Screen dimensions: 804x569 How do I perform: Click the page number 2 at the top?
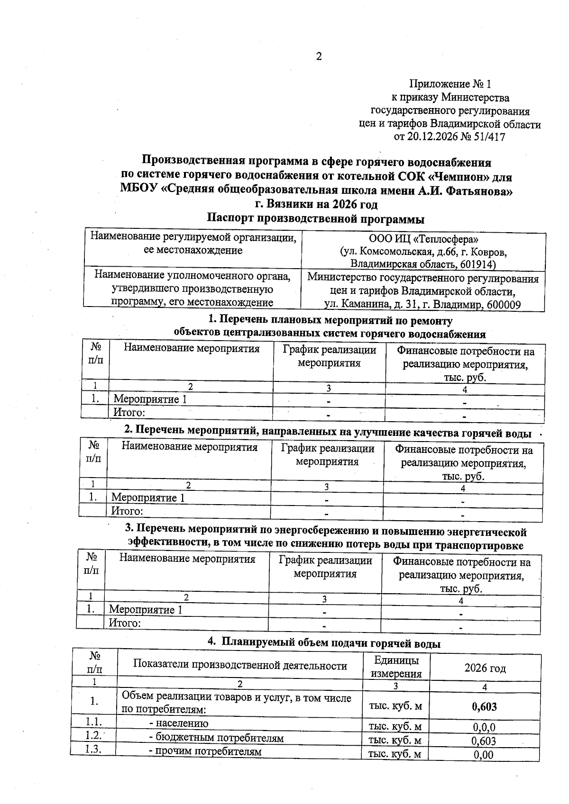point(319,57)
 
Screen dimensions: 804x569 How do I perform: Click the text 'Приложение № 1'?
point(450,84)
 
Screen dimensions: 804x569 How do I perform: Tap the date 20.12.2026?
point(433,137)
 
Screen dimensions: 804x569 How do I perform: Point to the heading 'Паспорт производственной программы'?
point(315,219)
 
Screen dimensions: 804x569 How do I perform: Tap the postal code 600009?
point(504,305)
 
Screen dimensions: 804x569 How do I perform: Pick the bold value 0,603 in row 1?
point(484,707)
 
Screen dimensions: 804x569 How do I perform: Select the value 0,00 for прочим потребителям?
point(484,755)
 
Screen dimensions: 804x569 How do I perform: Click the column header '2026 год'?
point(485,668)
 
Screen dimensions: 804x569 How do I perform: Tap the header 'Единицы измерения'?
point(396,667)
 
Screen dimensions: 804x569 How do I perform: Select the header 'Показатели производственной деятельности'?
point(240,666)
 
